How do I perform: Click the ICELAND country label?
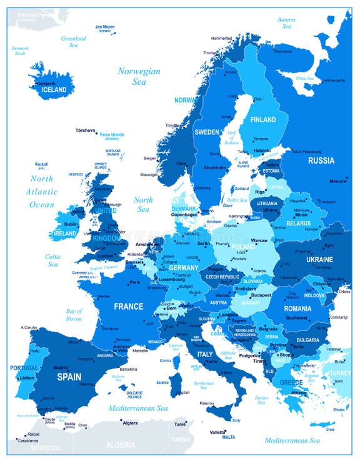pos(54,89)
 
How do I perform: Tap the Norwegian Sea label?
pos(139,76)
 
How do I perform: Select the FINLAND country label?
pos(262,120)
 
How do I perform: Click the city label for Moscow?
pos(337,181)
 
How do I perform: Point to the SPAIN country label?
pos(69,376)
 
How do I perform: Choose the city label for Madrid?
pos(61,368)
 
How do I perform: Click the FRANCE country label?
pos(128,307)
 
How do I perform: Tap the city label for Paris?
pos(134,282)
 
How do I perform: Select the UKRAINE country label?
pos(319,259)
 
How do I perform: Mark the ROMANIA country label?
pos(297,308)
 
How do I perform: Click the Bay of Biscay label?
pos(74,315)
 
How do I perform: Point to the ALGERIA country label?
pos(120,445)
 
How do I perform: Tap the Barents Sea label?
pos(287,23)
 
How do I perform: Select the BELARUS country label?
pos(297,223)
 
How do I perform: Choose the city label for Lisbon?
pos(26,378)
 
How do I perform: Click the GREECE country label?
pos(291,382)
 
